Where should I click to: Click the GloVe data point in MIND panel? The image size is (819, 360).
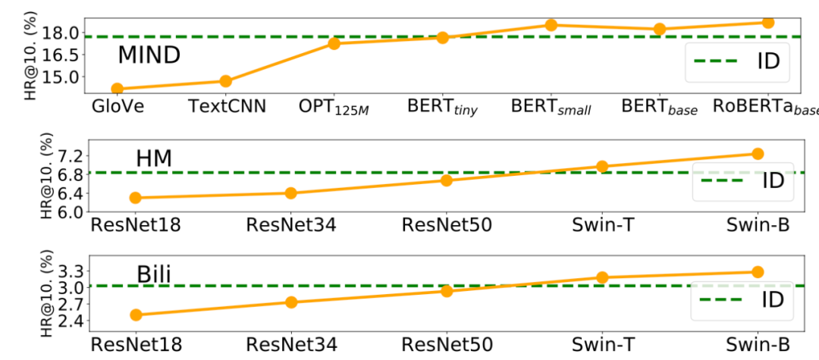click(x=118, y=89)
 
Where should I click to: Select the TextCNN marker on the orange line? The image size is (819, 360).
click(x=226, y=81)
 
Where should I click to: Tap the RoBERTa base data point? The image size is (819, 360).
click(x=767, y=23)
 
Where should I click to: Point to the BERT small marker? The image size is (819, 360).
click(x=551, y=24)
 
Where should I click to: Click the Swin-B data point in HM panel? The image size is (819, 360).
click(x=758, y=153)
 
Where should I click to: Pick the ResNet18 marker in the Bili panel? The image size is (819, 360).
click(x=136, y=315)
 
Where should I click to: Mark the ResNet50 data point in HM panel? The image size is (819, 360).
click(x=447, y=180)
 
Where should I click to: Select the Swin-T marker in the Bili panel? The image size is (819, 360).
click(x=602, y=277)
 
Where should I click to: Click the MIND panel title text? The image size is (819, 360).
click(x=149, y=55)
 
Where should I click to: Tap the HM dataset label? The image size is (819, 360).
click(x=154, y=158)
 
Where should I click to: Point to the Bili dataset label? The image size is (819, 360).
click(x=154, y=275)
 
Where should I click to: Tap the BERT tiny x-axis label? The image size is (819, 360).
click(x=442, y=108)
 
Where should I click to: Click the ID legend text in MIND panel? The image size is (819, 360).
click(x=768, y=61)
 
